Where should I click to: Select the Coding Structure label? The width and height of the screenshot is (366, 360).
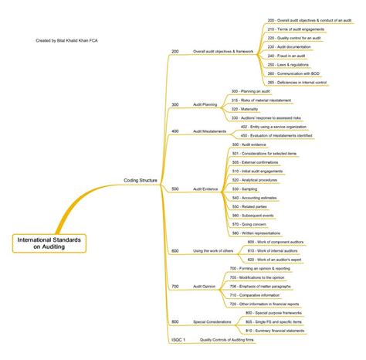(141, 180)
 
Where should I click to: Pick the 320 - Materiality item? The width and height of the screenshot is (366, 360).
(246, 109)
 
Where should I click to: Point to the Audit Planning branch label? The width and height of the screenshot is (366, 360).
(205, 104)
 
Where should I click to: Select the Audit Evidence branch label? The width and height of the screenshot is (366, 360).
(206, 188)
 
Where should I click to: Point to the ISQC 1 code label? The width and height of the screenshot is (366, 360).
(178, 339)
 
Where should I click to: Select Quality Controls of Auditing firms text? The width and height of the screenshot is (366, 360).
(232, 339)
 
